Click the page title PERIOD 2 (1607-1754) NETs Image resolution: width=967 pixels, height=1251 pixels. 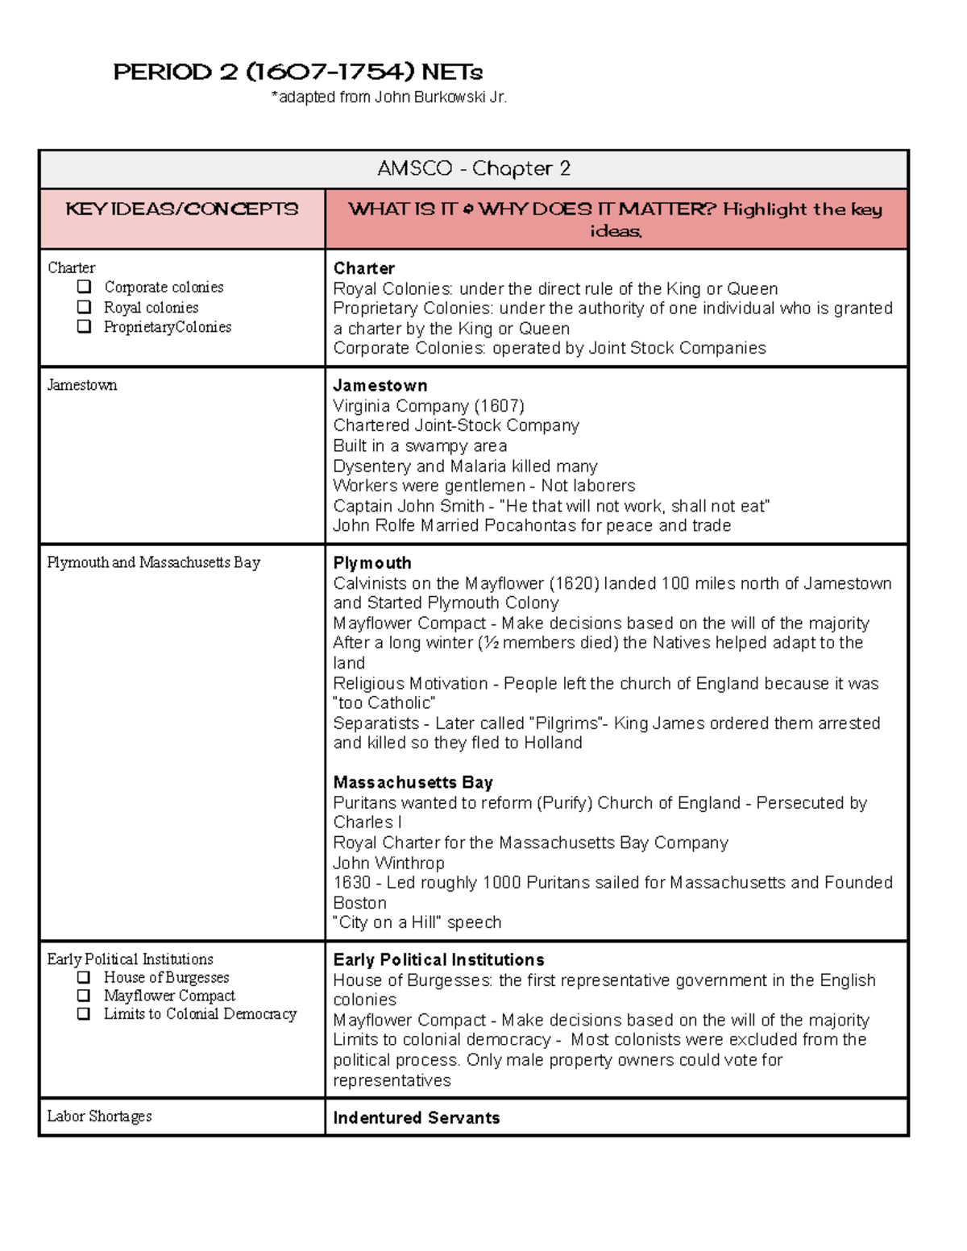point(297,72)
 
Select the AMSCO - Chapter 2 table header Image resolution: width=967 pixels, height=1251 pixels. point(474,168)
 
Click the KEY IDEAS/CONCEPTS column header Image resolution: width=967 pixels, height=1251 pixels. point(182,209)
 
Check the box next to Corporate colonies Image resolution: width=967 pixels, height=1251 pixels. point(84,287)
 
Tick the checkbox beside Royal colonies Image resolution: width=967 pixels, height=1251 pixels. point(84,307)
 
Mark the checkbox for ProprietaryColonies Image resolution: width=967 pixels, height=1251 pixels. point(84,326)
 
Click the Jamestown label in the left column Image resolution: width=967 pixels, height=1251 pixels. point(82,385)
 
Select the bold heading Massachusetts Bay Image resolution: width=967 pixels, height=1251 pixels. point(413,782)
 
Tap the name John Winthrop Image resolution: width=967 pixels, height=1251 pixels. point(388,863)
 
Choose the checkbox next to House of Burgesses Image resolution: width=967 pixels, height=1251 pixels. point(84,977)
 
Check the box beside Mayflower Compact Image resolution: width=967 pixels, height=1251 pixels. point(84,996)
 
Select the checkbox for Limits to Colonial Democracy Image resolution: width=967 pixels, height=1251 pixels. point(84,1014)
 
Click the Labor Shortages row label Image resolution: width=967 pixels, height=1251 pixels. point(99,1116)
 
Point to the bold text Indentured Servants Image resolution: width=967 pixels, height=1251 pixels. point(417,1118)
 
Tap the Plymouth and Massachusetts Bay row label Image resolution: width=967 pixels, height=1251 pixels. point(153,562)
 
